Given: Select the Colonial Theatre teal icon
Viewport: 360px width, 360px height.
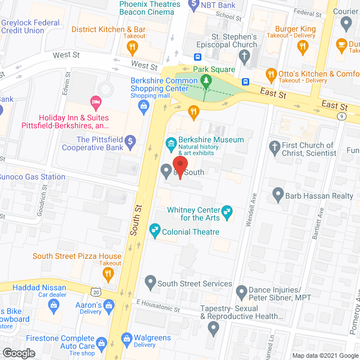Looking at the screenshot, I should coord(154,230).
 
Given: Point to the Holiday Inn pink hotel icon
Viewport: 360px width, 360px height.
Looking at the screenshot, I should coord(95,102).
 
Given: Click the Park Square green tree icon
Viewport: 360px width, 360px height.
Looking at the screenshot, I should coord(206,82).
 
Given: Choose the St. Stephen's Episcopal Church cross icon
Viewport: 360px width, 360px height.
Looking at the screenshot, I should coord(244,55).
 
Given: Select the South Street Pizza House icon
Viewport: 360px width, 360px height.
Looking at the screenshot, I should coord(107,274).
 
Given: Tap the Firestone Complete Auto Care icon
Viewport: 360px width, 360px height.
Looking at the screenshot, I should coord(102,343).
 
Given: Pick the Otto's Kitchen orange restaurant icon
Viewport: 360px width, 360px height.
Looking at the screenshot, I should coord(271,74).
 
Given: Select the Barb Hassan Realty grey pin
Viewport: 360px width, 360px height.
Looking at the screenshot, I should coord(278,195).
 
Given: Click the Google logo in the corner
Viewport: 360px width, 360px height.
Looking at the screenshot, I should coord(19,353).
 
